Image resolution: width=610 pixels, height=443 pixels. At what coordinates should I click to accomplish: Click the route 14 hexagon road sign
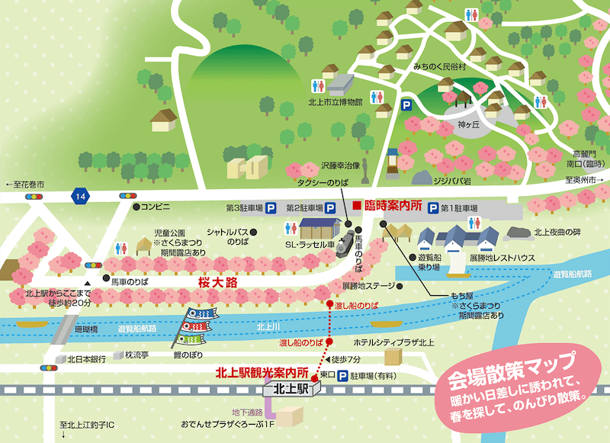80,197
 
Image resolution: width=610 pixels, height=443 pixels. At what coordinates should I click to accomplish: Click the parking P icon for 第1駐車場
432,207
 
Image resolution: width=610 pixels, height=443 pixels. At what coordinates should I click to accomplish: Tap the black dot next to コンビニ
135,207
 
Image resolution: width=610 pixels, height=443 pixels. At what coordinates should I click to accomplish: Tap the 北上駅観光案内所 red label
262,374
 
